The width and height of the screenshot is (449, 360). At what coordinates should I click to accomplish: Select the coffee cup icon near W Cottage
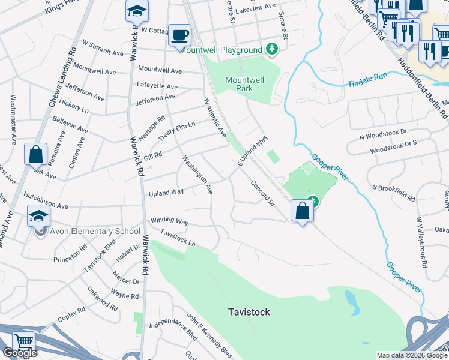coord(179,35)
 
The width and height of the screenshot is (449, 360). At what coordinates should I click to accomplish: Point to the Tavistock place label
coord(249,312)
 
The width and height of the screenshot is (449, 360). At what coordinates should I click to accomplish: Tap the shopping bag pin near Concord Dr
coord(301,211)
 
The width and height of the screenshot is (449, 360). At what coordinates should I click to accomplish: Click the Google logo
coord(20,353)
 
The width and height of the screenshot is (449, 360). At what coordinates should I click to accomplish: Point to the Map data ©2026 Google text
coord(411,355)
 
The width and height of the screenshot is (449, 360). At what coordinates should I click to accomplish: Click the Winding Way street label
coord(169,221)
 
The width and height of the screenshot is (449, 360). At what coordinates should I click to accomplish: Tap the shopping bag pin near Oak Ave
coord(36,154)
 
